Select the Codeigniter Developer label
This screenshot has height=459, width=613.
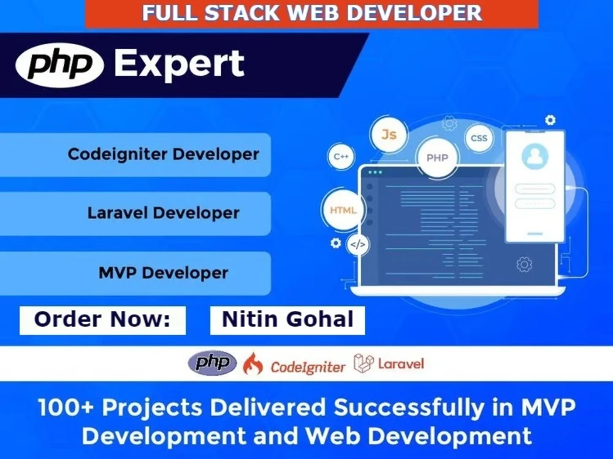click(x=163, y=154)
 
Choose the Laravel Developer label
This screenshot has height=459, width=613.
click(x=163, y=213)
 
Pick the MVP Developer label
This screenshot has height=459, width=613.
click(x=163, y=272)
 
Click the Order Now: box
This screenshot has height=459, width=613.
click(x=102, y=319)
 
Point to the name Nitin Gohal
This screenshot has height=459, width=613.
click(x=287, y=319)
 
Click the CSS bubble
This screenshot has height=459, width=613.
click(x=479, y=138)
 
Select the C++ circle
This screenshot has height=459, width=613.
click(x=341, y=157)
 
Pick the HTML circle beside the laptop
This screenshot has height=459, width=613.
click(x=343, y=211)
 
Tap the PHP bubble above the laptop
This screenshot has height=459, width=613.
click(x=437, y=158)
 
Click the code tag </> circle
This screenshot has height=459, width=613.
click(x=358, y=245)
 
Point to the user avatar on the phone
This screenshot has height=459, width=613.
click(x=533, y=156)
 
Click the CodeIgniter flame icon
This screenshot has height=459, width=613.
click(x=253, y=365)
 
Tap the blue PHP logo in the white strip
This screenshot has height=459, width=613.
click(x=212, y=364)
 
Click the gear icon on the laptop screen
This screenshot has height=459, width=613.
click(x=524, y=264)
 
